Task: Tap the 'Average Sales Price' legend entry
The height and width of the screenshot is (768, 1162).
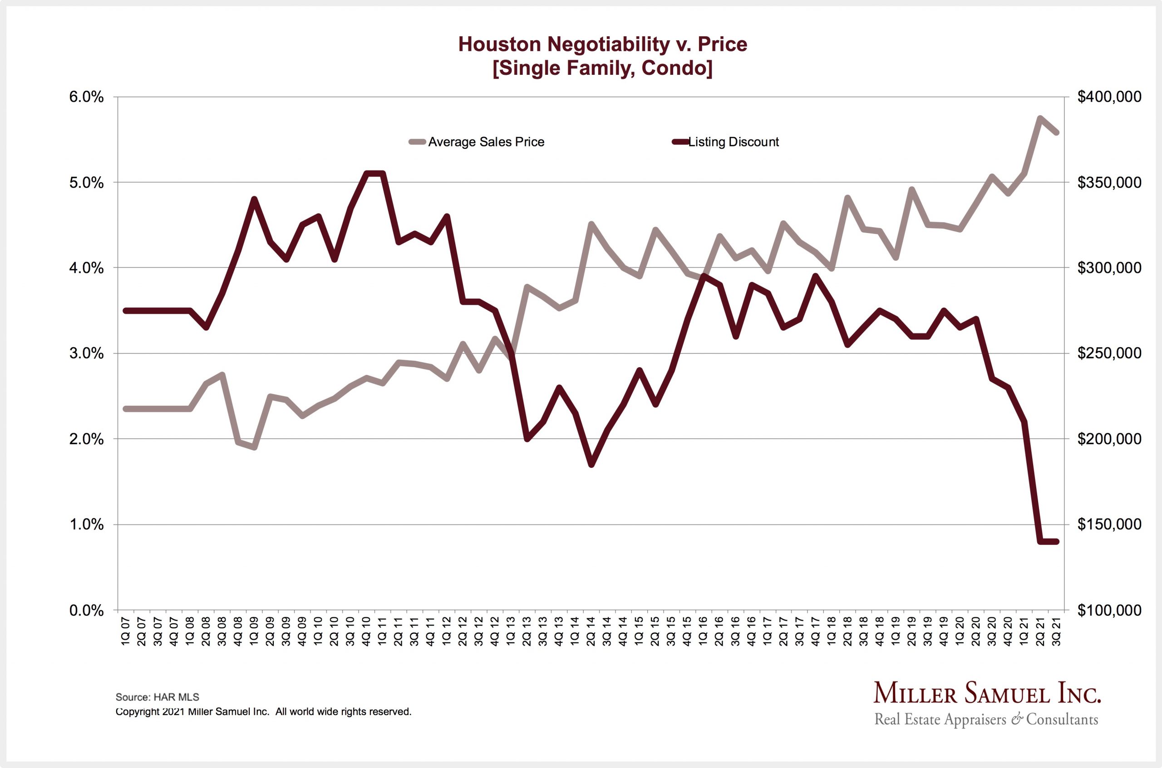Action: pos(485,142)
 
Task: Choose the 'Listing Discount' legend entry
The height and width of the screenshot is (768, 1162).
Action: pos(733,142)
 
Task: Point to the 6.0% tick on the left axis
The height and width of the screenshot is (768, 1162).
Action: pos(87,97)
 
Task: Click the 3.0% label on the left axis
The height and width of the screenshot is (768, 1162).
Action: pos(87,354)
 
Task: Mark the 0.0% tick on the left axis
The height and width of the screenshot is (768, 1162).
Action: pos(87,611)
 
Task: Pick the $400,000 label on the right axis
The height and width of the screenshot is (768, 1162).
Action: pos(1109,97)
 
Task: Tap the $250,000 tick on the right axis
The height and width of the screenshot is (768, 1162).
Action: pos(1109,354)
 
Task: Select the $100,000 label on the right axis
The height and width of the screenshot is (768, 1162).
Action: pos(1109,611)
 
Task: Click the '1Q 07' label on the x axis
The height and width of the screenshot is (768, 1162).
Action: pos(126,632)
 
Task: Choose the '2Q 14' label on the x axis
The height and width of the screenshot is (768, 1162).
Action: pos(591,632)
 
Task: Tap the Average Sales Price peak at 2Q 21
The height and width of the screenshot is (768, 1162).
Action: pos(1040,118)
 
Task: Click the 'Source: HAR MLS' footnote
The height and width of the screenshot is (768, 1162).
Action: pos(158,697)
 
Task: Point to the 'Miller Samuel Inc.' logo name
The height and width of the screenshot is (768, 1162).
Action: pos(986,694)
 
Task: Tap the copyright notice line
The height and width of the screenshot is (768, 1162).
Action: pos(263,712)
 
